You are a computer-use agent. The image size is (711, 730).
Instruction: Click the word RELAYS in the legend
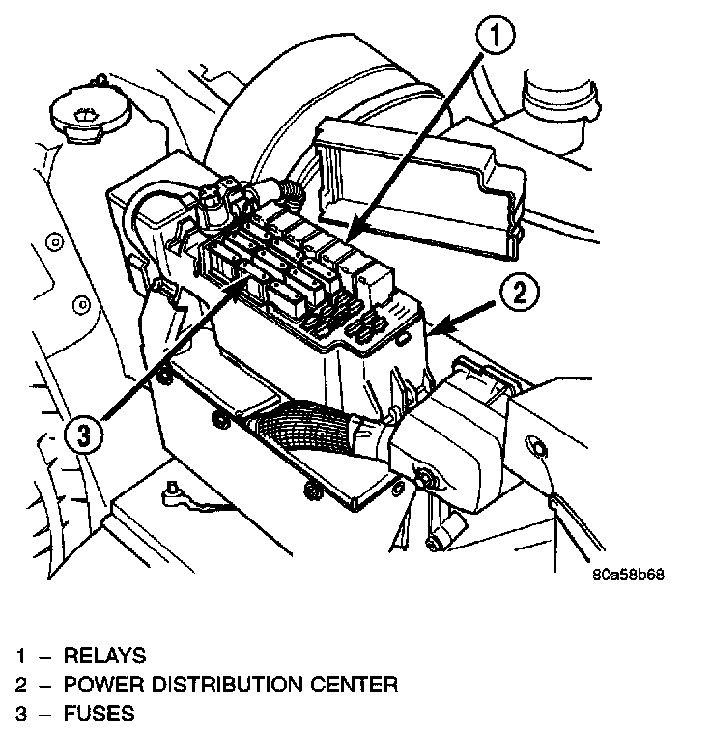(x=104, y=657)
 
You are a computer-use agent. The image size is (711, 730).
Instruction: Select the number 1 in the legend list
(x=20, y=657)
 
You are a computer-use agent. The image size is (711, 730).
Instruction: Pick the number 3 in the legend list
(x=20, y=715)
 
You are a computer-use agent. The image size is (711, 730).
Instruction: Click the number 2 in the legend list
(x=20, y=686)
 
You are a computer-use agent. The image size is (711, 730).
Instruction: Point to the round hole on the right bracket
(x=534, y=445)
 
